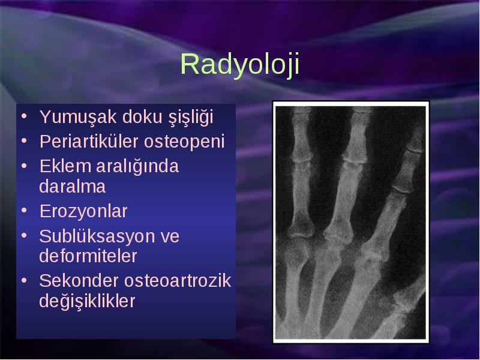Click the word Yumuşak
[78, 118]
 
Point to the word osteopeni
[184, 142]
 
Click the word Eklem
[65, 166]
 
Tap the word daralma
[72, 186]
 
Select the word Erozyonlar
[83, 211]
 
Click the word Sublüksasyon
[97, 236]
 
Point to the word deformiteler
[88, 256]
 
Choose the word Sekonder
[79, 280]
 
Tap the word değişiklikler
[87, 302]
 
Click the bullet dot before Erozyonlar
[24, 211]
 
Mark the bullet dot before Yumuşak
[24, 116]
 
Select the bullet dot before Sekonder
[24, 280]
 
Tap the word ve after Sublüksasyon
[170, 237]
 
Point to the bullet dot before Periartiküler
[24, 141]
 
